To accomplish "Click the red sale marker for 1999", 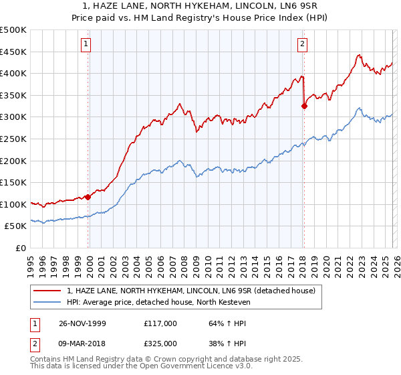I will click(88, 197).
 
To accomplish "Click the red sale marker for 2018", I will click(304, 105).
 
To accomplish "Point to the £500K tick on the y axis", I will click(13, 30).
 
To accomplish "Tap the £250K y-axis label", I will click(13, 139).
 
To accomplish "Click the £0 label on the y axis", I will click(21, 248).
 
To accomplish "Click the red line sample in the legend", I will click(48, 290).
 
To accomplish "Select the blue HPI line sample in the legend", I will click(48, 302).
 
